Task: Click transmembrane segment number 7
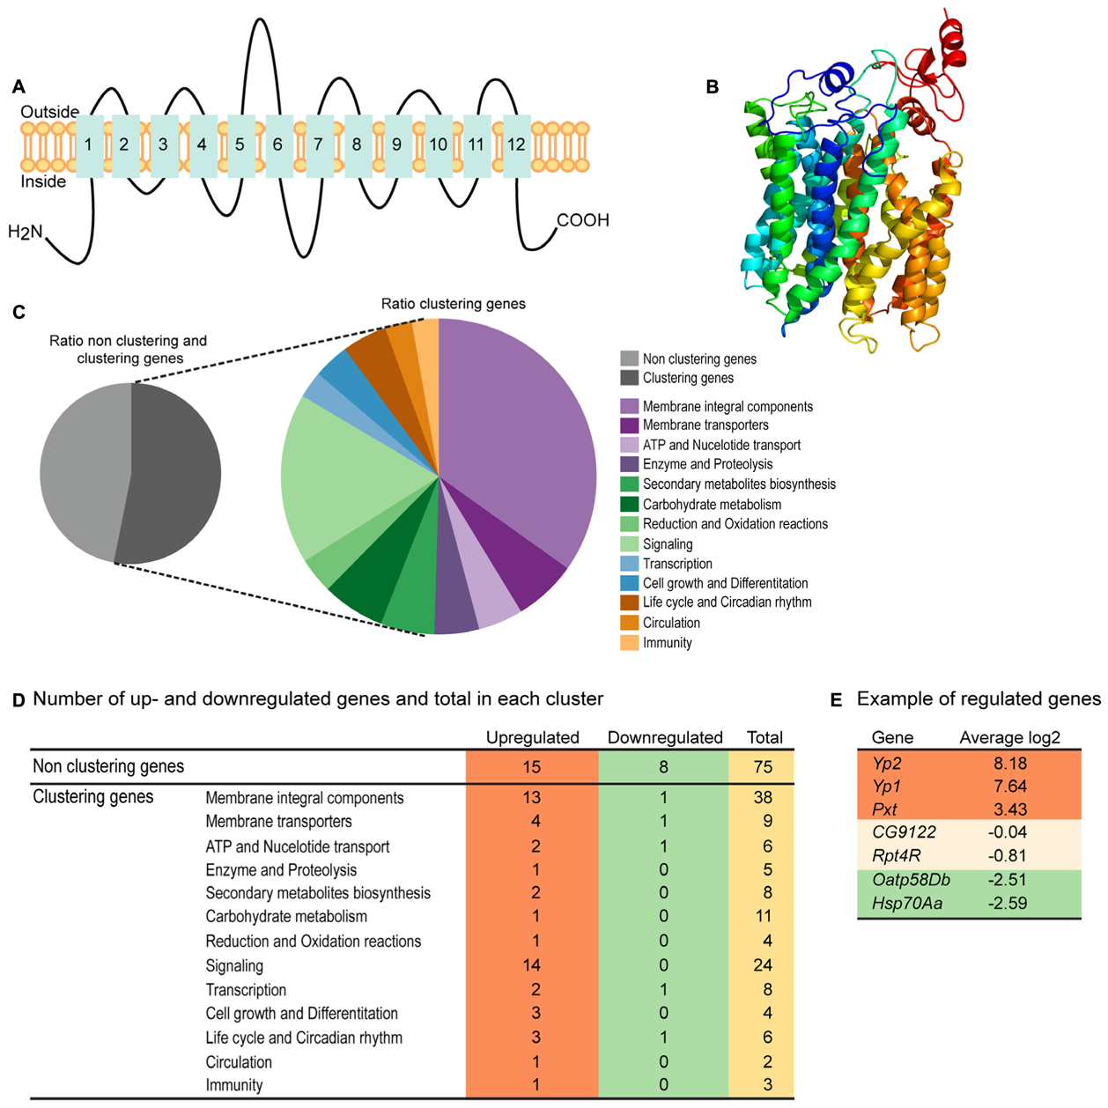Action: coord(318,145)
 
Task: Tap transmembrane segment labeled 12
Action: coord(516,145)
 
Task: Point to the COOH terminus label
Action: coord(583,220)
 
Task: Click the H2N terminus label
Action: coord(26,233)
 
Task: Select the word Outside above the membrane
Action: coord(50,112)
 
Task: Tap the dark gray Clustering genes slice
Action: coord(172,476)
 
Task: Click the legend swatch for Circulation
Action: coord(629,623)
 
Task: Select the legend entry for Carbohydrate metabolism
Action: coord(712,505)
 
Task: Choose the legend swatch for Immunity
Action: coord(629,643)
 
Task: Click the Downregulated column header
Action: coord(664,738)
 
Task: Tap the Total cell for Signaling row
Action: coord(762,965)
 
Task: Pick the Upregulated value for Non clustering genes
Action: coord(531,767)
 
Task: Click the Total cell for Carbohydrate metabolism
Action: coord(762,917)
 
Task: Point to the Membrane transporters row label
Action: coord(278,822)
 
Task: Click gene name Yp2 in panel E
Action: coord(887,764)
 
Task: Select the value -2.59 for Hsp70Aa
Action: coord(1008,903)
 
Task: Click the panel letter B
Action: coord(713,87)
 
